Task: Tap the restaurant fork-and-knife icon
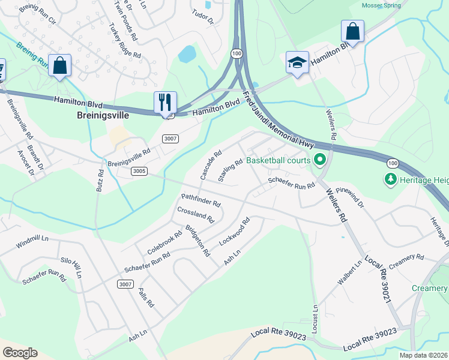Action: [165, 101]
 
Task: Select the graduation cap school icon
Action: [297, 62]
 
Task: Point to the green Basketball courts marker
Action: [320, 160]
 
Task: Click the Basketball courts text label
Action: [279, 160]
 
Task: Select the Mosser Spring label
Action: [382, 5]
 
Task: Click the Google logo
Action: [20, 352]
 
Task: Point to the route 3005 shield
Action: [139, 171]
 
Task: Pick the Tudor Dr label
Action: [202, 16]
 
